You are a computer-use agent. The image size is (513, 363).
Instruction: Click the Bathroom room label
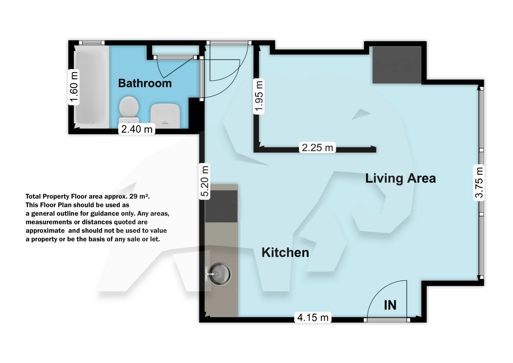(145, 83)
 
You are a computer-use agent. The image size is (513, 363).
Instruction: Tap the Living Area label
(400, 178)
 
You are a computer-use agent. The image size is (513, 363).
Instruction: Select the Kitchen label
(285, 252)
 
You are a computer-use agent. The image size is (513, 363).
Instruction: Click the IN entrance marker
(390, 305)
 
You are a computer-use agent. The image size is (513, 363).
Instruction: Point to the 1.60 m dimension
(74, 87)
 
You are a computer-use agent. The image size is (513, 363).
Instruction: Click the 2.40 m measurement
(137, 129)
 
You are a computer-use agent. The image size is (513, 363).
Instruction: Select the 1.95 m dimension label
(259, 96)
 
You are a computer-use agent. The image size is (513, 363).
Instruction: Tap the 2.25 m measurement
(317, 148)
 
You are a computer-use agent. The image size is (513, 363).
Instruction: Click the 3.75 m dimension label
(479, 183)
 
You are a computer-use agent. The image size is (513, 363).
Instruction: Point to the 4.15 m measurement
(313, 317)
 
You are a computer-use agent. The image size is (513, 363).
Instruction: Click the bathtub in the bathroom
(92, 87)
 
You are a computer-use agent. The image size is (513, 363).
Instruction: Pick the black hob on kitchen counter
(221, 206)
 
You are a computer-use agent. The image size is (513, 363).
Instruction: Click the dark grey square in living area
(397, 65)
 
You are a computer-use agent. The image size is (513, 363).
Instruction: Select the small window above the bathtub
(92, 43)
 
